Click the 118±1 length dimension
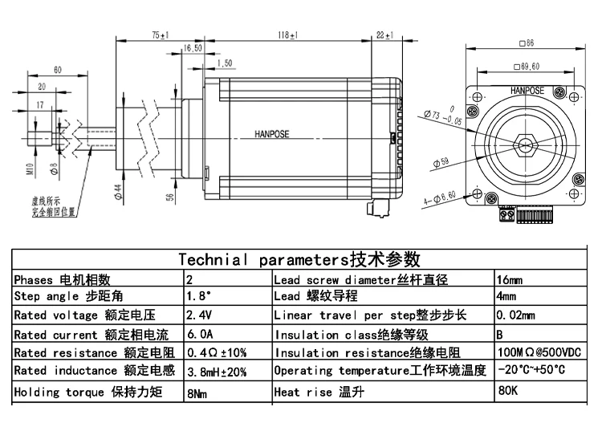coord(288,35)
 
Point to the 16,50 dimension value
coord(193,48)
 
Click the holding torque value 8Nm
coord(197,394)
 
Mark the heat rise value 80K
coord(508,392)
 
